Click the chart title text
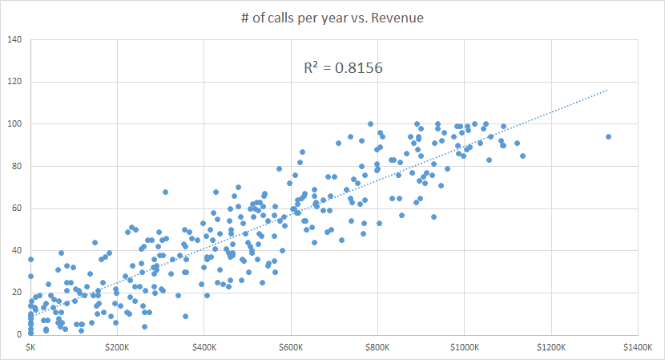(x=332, y=18)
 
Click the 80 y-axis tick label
(x=17, y=166)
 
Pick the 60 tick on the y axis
(x=17, y=208)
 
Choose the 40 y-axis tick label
(x=17, y=250)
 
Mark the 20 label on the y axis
(x=17, y=293)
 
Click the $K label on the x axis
(x=30, y=349)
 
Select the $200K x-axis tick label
(x=117, y=349)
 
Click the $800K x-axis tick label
(x=377, y=349)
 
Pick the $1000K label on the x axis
(x=464, y=349)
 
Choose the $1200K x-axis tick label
(x=550, y=349)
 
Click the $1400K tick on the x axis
(x=638, y=349)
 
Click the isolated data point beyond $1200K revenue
(x=608, y=136)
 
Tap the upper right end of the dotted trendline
(x=608, y=91)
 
